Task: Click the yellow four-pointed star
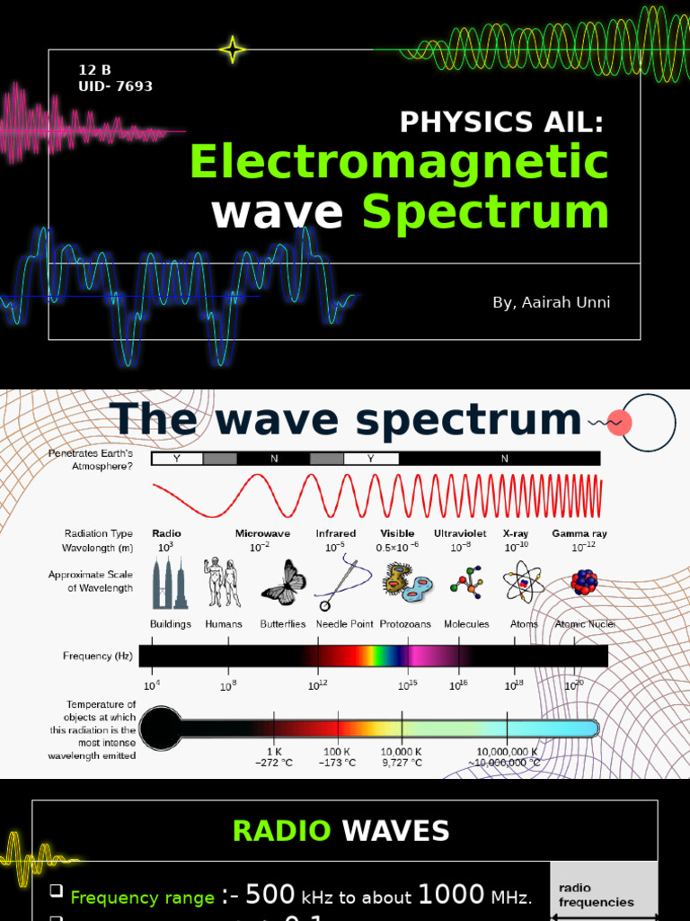[233, 50]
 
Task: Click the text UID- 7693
[116, 86]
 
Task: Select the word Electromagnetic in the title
[399, 163]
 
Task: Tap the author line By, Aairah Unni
[551, 302]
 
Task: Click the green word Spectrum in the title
[485, 212]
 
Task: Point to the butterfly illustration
[284, 583]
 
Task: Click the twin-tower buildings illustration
[170, 583]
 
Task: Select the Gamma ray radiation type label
[579, 533]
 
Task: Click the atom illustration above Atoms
[523, 583]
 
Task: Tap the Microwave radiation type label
[262, 533]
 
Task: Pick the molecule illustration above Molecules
[466, 583]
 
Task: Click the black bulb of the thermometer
[162, 729]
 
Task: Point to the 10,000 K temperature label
[402, 751]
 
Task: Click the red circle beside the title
[620, 423]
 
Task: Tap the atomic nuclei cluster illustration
[584, 583]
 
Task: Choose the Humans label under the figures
[224, 624]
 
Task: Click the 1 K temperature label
[275, 751]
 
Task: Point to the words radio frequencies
[596, 895]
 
